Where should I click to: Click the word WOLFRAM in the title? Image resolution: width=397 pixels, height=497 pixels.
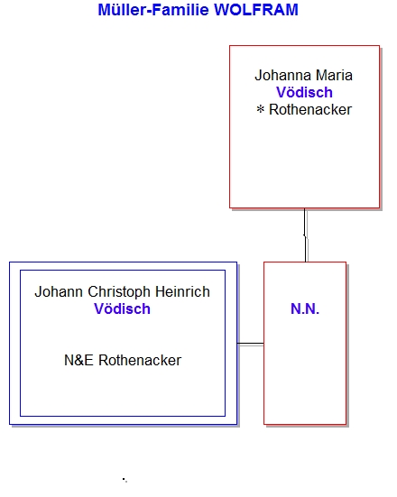(256, 10)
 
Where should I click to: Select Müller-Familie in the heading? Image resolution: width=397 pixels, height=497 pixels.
(153, 10)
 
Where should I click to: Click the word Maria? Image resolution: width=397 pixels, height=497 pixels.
(334, 76)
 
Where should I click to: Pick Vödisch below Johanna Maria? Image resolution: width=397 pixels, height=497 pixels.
(304, 93)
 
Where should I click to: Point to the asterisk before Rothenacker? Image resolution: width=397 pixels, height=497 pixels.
(261, 110)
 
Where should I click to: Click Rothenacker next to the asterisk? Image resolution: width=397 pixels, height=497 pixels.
(310, 110)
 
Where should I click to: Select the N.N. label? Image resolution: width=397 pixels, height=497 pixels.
(305, 308)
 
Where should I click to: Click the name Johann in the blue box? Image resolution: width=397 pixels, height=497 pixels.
(59, 291)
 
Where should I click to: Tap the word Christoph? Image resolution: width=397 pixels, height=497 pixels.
(119, 292)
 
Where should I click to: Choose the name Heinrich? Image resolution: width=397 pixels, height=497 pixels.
(182, 291)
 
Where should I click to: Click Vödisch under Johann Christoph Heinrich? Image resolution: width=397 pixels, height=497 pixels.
(122, 308)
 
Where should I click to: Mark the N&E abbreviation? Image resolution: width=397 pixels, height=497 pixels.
(78, 361)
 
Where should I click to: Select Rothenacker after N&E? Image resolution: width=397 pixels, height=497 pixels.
(140, 361)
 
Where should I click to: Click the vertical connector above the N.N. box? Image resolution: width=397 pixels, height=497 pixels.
(305, 235)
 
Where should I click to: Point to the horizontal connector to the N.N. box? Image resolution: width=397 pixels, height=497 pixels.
(251, 344)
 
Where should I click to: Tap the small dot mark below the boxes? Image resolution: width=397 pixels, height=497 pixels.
(125, 480)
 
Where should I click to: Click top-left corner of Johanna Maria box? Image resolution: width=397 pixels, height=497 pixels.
(230, 46)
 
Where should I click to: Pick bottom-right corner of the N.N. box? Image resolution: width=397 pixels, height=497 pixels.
(346, 424)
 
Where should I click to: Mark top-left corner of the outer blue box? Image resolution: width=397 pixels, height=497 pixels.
(10, 262)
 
